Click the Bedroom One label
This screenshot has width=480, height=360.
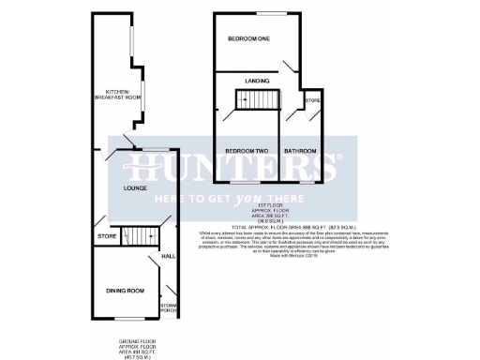tap(250, 39)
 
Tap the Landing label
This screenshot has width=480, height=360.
tap(258, 82)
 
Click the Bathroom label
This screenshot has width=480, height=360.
tap(301, 151)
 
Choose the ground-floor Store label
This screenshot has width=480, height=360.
tap(105, 237)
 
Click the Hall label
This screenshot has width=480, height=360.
tap(169, 256)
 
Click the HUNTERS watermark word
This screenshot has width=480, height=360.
tap(234, 169)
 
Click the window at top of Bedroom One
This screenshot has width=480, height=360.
tap(273, 15)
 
